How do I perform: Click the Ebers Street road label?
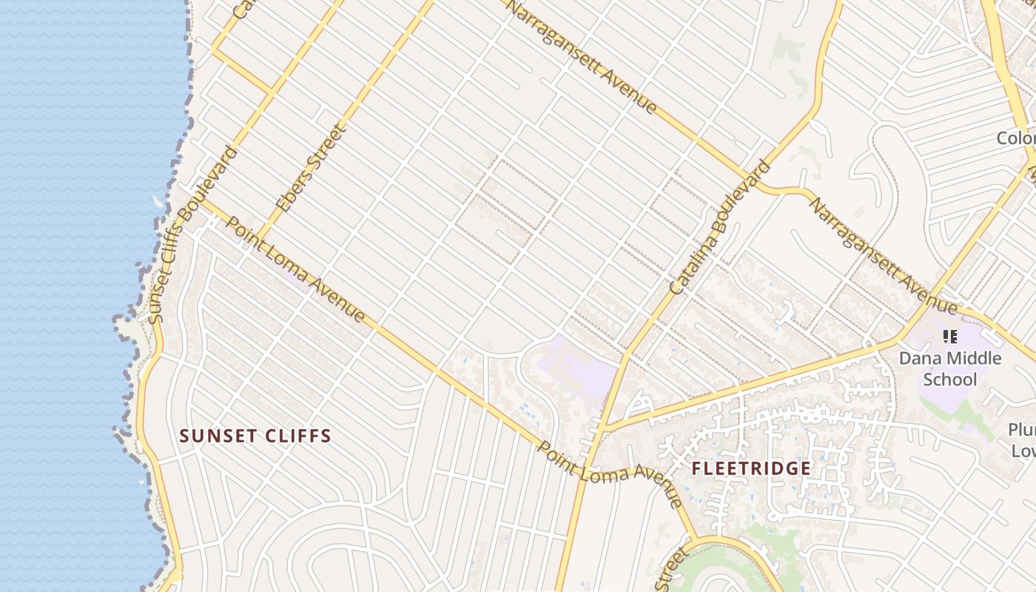311,168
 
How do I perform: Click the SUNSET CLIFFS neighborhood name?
255,436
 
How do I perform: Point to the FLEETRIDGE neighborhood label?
751,468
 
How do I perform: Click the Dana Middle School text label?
949,369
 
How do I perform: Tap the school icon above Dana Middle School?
950,338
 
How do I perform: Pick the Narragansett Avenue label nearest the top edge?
583,57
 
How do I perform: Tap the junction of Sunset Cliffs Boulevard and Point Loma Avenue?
201,198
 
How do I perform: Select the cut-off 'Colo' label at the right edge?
1015,138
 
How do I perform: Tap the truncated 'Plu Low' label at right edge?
1021,440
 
